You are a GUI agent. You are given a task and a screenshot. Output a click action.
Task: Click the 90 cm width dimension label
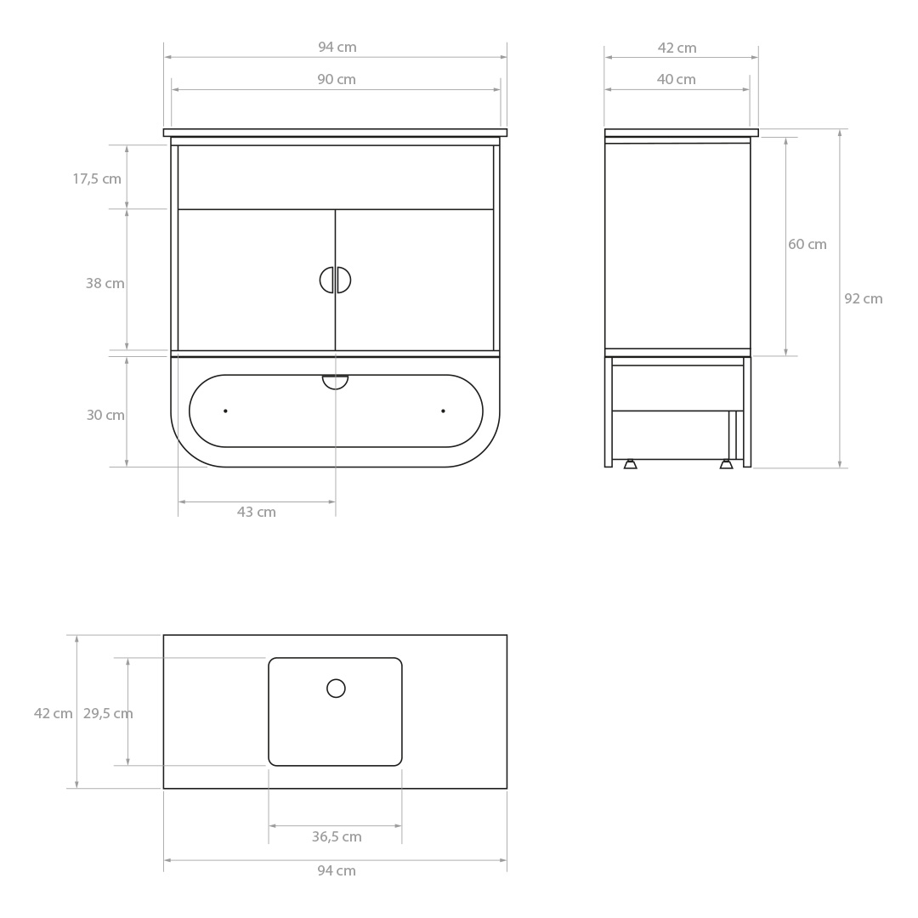pyautogui.click(x=337, y=80)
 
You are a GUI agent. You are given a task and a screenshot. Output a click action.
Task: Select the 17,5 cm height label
pyautogui.click(x=97, y=179)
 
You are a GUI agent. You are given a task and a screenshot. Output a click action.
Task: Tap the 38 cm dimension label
pyautogui.click(x=105, y=283)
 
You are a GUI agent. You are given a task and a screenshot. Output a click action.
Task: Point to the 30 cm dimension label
pyautogui.click(x=105, y=415)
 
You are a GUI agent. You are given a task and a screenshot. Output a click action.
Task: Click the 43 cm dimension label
pyautogui.click(x=257, y=513)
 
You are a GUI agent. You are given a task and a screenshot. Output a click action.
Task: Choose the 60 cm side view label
pyautogui.click(x=807, y=245)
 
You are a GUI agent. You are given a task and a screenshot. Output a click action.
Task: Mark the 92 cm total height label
pyautogui.click(x=864, y=299)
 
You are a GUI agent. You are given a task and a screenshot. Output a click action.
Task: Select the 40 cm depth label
pyautogui.click(x=677, y=80)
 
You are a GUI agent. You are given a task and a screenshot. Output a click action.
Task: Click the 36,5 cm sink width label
pyautogui.click(x=337, y=837)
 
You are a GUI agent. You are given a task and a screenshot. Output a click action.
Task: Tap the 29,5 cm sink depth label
pyautogui.click(x=108, y=714)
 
